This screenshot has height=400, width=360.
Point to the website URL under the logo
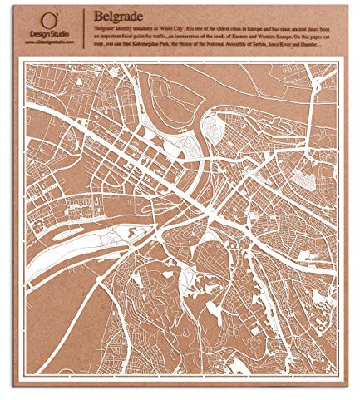[x=50, y=42]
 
